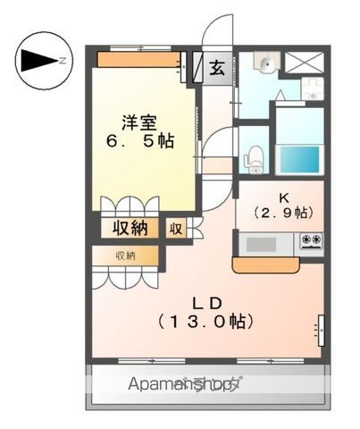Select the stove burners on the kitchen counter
click(311, 240)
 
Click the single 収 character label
click(177, 228)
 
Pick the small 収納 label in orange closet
click(125, 257)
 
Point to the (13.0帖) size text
click(205, 320)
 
